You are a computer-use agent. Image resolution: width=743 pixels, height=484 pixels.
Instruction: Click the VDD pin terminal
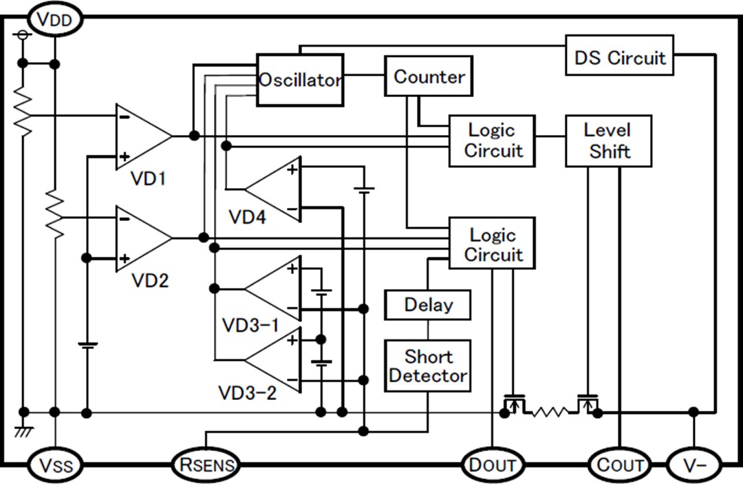click(x=54, y=19)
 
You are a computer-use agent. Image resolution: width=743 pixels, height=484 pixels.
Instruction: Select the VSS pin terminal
click(x=54, y=465)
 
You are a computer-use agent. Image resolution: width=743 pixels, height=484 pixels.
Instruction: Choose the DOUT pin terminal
click(x=492, y=465)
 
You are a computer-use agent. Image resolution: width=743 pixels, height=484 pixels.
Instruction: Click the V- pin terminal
click(x=694, y=465)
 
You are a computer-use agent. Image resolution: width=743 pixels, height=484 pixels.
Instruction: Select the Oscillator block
click(x=299, y=80)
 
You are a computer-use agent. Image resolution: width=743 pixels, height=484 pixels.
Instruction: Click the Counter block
click(x=429, y=76)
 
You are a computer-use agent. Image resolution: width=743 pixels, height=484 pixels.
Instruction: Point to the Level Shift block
click(x=608, y=140)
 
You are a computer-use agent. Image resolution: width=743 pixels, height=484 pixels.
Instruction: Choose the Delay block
click(x=428, y=304)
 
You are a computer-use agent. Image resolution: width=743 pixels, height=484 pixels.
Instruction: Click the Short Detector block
click(x=428, y=366)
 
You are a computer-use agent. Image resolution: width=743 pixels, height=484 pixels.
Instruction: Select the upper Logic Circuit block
click(x=492, y=140)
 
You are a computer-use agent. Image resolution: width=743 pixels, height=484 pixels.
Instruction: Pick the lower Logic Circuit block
click(x=492, y=243)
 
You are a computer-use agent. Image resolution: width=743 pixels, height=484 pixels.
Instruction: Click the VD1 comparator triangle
click(x=140, y=136)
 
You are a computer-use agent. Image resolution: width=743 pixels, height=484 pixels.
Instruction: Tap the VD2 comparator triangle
click(x=140, y=238)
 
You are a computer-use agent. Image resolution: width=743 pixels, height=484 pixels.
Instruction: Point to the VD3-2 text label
click(x=248, y=393)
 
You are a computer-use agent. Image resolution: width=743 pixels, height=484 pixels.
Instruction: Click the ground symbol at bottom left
click(x=23, y=430)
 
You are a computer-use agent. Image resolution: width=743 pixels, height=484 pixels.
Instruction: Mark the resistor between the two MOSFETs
click(x=550, y=412)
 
